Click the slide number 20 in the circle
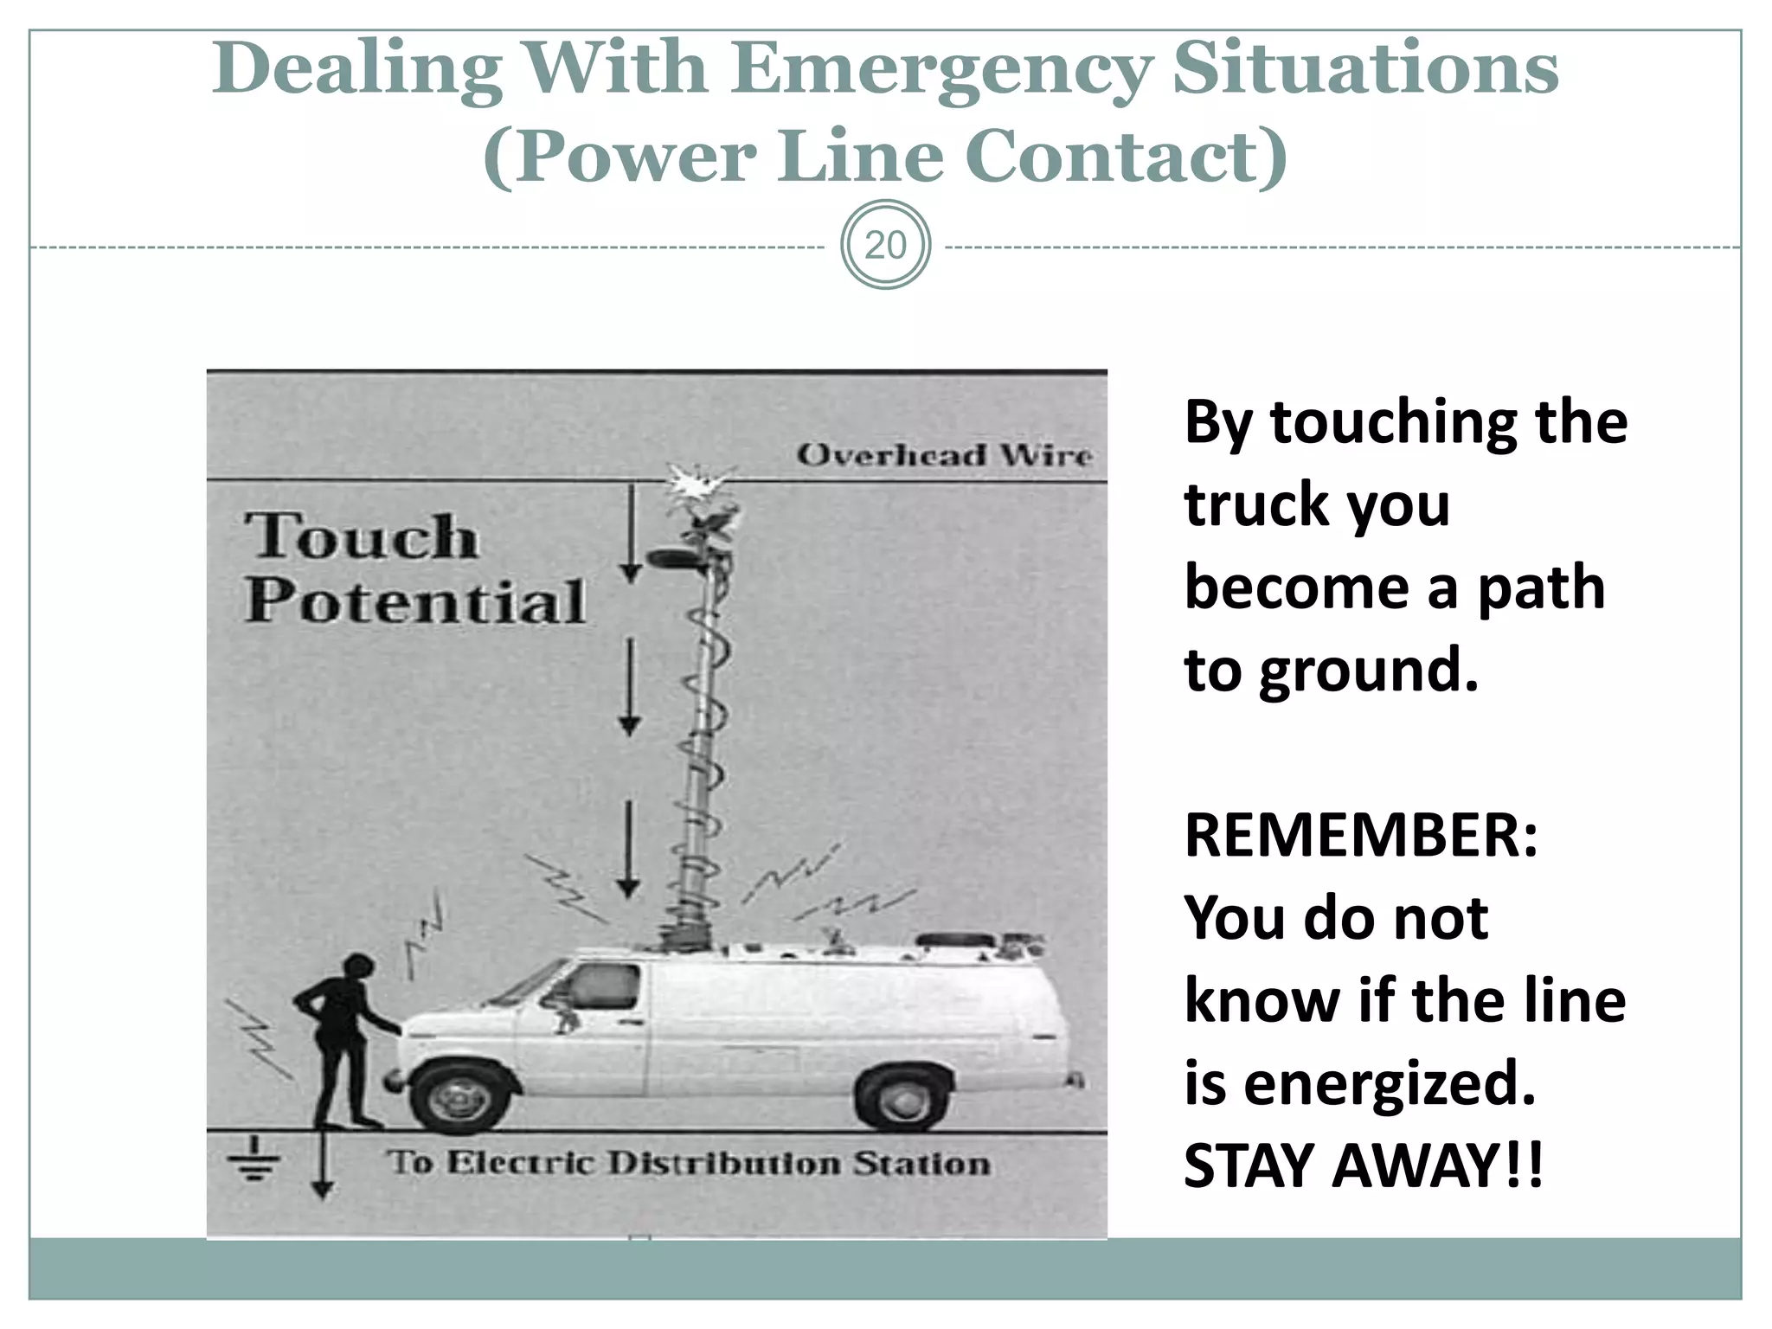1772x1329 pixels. point(885,246)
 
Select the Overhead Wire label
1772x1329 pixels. point(944,455)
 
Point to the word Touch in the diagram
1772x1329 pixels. point(361,536)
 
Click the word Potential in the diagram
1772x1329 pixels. point(415,600)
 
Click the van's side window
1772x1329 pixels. point(602,986)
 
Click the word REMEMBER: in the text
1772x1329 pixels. point(1361,836)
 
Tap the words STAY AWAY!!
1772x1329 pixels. point(1363,1166)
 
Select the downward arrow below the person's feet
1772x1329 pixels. point(322,1164)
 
